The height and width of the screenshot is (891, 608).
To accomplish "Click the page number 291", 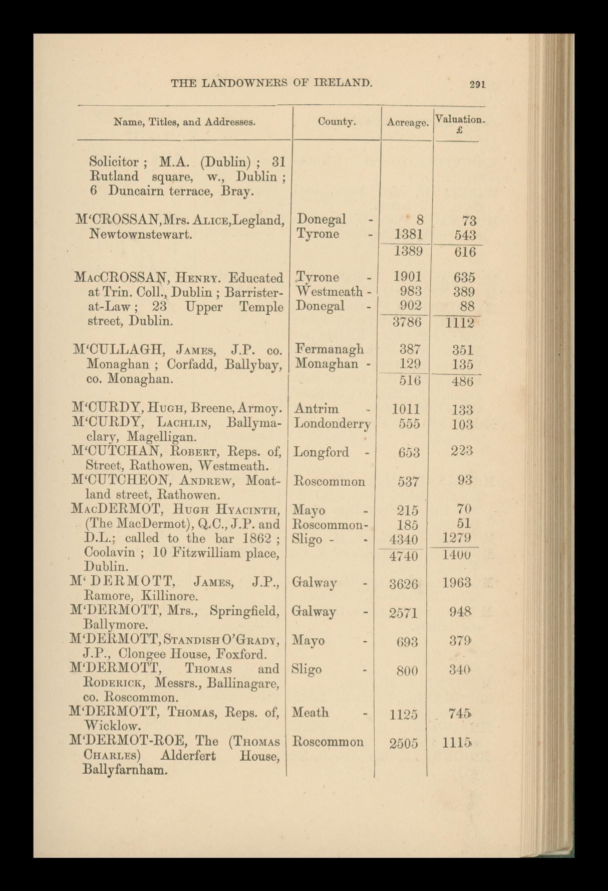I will pos(477,84).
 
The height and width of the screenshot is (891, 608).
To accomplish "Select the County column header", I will pos(337,121).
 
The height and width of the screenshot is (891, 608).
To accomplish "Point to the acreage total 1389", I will pos(408,252).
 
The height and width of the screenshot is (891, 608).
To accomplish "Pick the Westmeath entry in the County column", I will pos(330,291).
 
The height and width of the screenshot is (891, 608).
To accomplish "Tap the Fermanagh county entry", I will pos(330,349).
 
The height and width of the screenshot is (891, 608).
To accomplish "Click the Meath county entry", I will pos(311,712).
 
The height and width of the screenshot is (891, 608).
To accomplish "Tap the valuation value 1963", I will pos(457,583).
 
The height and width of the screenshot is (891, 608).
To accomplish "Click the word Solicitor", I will pos(113,162).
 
